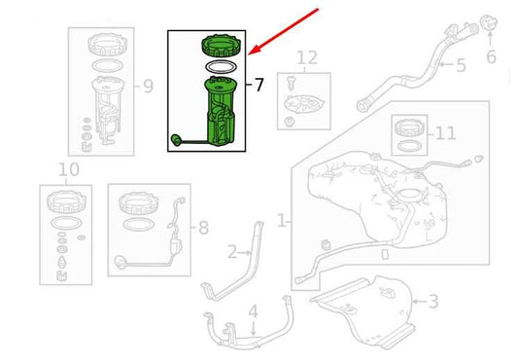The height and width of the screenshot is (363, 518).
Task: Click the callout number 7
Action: pos(259,85)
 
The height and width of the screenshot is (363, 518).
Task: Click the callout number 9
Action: pos(148,87)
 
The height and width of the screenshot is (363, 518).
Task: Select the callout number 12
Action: pos(307,58)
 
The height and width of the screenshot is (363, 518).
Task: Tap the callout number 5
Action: pos(461,65)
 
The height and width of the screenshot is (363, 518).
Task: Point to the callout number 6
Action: pos(491,57)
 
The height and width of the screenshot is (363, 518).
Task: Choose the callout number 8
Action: pos(202,230)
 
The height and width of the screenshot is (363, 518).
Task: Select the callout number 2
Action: pos(232,253)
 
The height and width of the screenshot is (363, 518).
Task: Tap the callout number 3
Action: pos(433,303)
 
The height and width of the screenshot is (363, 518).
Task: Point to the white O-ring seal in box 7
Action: pos(220,67)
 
